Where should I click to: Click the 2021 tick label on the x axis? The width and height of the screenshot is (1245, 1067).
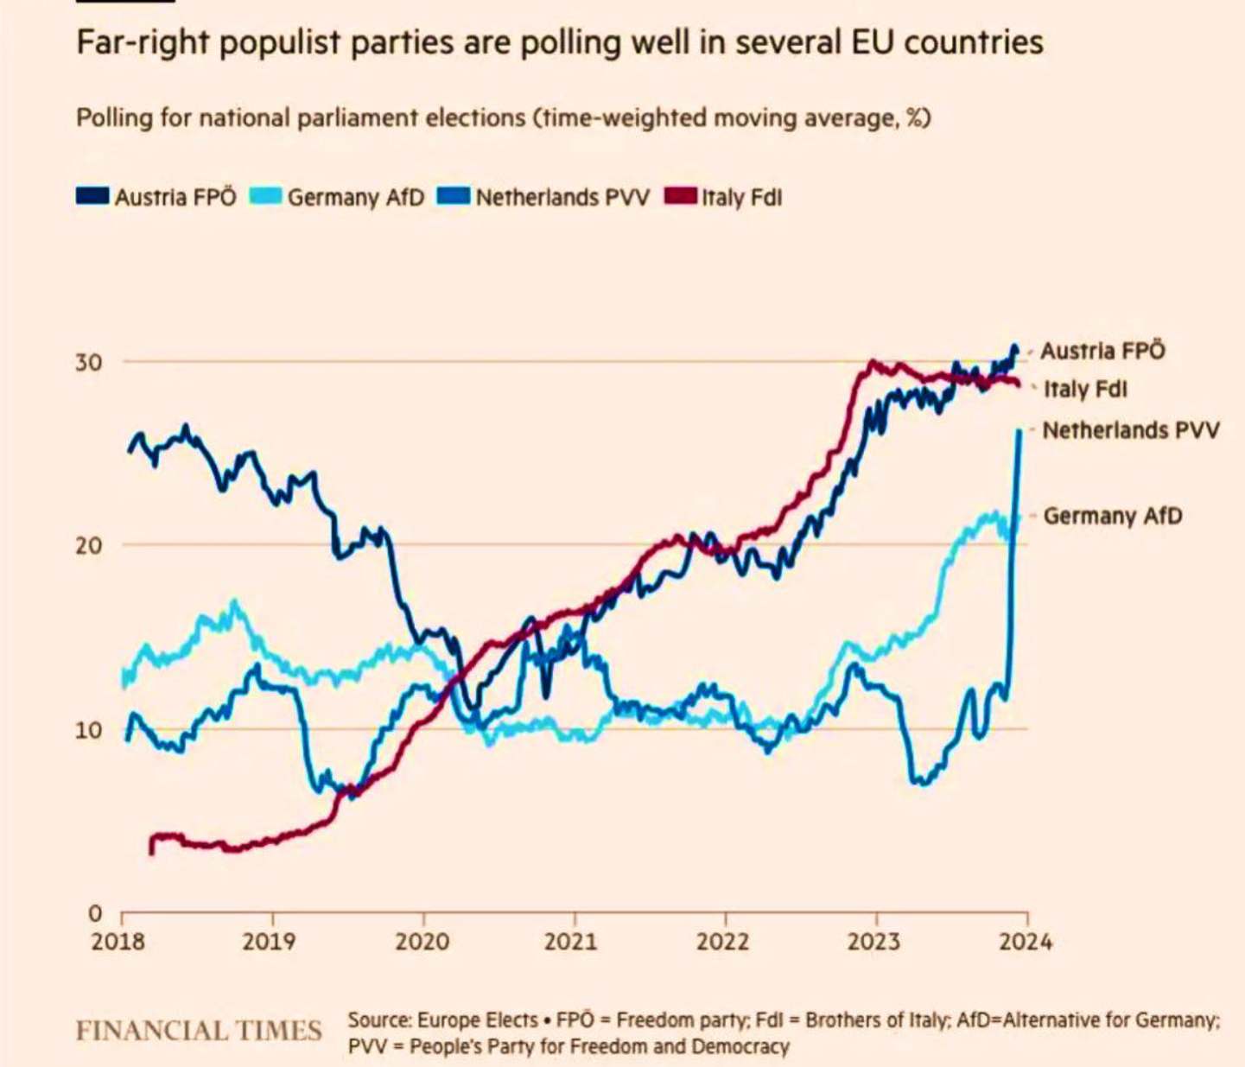pos(571,941)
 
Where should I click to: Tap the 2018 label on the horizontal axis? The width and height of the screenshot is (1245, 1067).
pos(118,941)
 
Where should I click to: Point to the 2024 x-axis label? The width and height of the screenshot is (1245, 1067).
pos(1026,941)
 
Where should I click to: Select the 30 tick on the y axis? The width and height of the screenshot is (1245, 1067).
pos(88,362)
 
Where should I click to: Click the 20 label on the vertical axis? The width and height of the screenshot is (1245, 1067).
pos(88,545)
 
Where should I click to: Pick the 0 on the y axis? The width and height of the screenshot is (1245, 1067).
pos(95,913)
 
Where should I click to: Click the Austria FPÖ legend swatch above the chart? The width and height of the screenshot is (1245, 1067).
pos(92,197)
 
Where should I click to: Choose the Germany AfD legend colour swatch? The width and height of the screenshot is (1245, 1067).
pos(266,197)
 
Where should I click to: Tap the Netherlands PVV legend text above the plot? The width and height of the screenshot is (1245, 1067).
pos(562,198)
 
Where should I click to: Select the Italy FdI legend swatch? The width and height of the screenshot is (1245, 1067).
pos(681,197)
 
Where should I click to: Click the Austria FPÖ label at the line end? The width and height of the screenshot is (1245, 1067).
pos(1102,351)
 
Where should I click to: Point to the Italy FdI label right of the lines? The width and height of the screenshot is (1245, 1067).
pos(1085,389)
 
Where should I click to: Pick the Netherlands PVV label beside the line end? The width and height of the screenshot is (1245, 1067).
pos(1131,430)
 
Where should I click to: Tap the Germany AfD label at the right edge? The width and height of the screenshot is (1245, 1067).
pos(1113,516)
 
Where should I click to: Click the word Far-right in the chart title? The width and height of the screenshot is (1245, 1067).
pos(141,42)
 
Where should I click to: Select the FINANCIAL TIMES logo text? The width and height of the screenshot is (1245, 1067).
pos(199,1031)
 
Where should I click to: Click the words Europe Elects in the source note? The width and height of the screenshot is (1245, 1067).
pos(478,1020)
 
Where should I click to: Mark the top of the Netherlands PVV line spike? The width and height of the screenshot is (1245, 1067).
pos(1019,431)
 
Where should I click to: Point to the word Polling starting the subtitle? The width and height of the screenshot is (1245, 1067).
pos(115,117)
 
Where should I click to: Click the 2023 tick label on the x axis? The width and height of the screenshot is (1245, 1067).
pos(873,941)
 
